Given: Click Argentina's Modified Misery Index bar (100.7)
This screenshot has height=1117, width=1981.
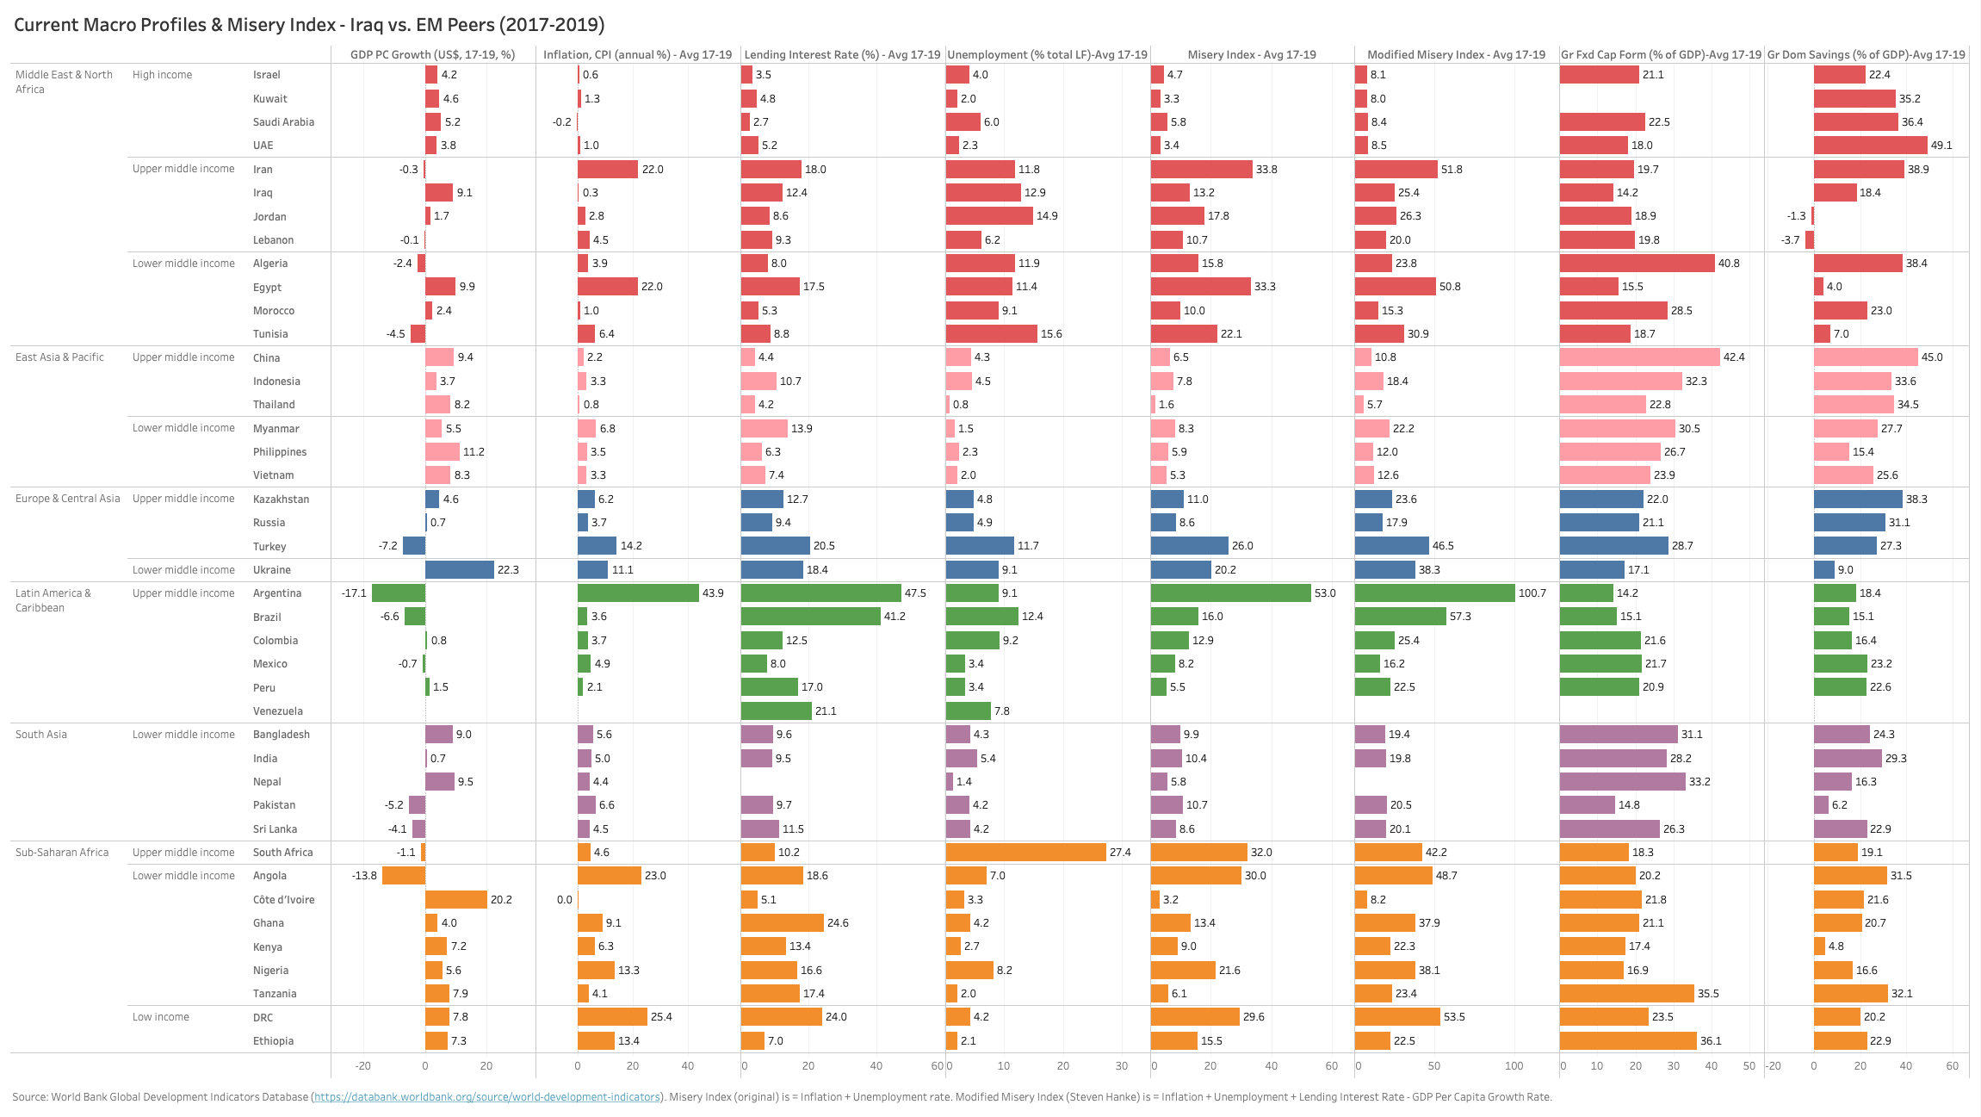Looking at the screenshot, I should (x=1434, y=593).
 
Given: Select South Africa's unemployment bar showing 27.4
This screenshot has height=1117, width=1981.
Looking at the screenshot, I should (x=1025, y=853).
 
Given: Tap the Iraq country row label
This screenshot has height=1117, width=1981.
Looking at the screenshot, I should (x=263, y=193).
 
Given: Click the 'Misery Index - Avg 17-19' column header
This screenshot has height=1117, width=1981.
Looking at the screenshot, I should (x=1252, y=54).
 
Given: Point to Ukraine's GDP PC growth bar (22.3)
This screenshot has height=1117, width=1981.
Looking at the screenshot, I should (x=460, y=570).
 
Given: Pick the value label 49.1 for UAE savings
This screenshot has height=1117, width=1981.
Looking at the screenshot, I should (x=1941, y=146).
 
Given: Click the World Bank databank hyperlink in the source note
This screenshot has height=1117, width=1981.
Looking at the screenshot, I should (x=487, y=1097).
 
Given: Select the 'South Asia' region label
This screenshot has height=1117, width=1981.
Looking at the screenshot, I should (x=41, y=735).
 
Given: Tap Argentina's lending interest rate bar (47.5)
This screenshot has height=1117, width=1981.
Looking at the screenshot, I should (x=820, y=593).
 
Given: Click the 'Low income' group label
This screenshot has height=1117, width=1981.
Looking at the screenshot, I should (x=161, y=1017).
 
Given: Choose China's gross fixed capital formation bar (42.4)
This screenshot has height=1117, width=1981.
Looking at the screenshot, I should (x=1639, y=357).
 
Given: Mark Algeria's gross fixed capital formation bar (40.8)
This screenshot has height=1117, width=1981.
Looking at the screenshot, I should (x=1637, y=264).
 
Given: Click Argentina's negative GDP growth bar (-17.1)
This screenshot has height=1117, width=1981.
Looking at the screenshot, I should (x=399, y=593).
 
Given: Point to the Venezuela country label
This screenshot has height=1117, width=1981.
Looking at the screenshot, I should (x=278, y=711).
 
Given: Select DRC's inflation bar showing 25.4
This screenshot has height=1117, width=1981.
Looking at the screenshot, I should (x=612, y=1017).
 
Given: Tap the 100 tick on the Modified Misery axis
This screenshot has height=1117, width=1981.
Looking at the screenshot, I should (x=1514, y=1066).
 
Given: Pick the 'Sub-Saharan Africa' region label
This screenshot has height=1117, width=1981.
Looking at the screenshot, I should (x=62, y=853).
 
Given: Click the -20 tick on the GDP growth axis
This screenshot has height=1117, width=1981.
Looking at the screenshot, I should (x=363, y=1066).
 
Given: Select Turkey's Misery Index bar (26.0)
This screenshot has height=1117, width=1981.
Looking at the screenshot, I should (x=1189, y=546).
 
